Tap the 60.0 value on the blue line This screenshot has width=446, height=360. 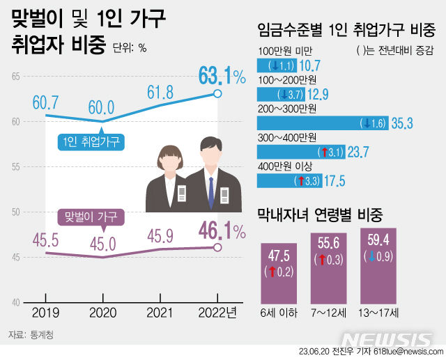point(102,107)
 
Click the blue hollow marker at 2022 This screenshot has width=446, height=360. point(217,93)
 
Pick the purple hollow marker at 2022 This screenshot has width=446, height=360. point(217,247)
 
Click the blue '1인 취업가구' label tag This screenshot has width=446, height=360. point(90,143)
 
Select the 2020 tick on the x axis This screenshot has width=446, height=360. point(102,313)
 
